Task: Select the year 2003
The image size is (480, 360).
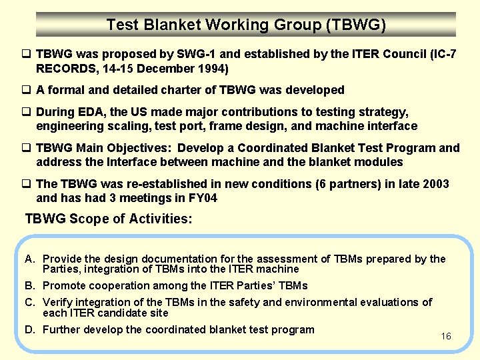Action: tap(435, 184)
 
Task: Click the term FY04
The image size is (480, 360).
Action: tap(201, 198)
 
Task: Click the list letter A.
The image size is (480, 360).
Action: tap(29, 259)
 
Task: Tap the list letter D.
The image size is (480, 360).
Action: tap(30, 329)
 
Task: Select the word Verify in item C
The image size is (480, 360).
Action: tap(58, 303)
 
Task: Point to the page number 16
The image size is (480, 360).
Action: tap(446, 336)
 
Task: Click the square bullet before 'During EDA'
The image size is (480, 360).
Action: tap(29, 112)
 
